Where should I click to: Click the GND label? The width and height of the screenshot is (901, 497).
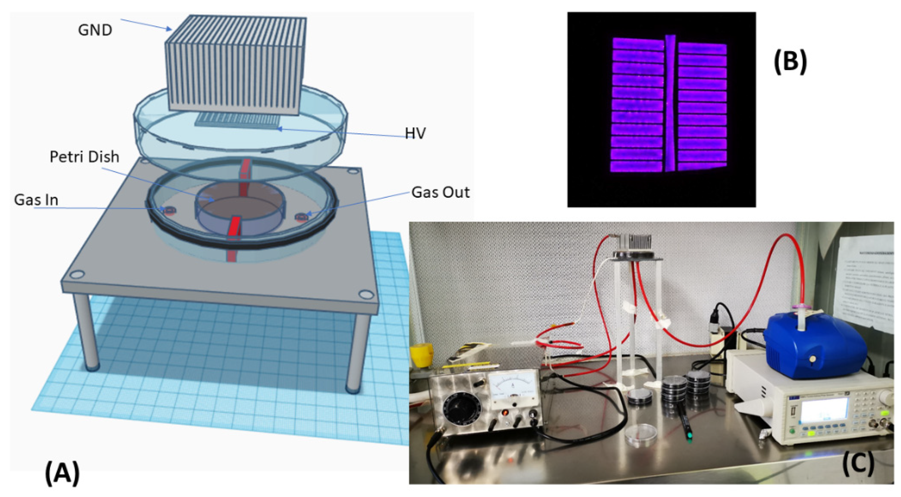pos(95,30)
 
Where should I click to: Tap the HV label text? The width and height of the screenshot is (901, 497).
pos(415,133)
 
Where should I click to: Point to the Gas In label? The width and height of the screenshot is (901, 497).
pos(36,200)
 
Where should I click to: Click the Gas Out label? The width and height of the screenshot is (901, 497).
pos(440,192)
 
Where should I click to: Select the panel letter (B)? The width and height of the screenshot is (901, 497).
pos(790,62)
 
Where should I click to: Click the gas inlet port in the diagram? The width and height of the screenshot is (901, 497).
pos(169,210)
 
